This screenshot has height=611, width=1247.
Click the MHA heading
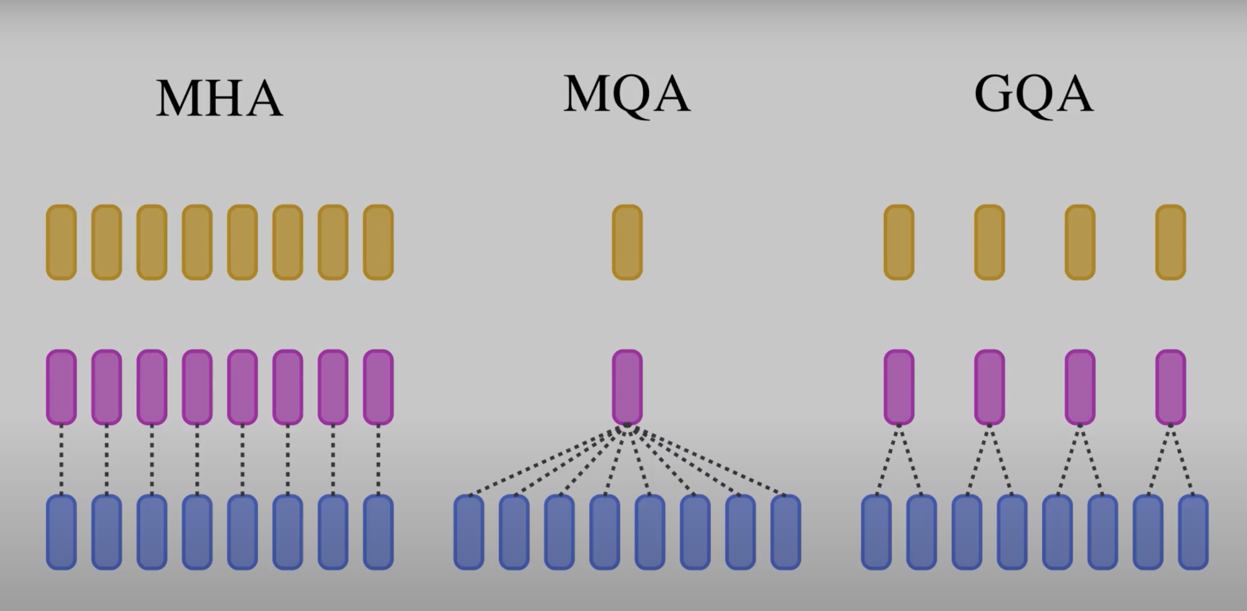click(x=219, y=98)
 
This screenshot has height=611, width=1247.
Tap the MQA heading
click(x=627, y=94)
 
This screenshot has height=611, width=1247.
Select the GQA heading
click(x=1034, y=94)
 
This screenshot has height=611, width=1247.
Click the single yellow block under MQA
click(x=627, y=242)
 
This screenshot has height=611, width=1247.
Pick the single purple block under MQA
click(x=627, y=387)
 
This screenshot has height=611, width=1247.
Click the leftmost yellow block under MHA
click(x=61, y=242)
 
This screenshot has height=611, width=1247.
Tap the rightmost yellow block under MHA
click(x=378, y=242)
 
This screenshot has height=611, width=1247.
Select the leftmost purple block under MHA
click(x=61, y=387)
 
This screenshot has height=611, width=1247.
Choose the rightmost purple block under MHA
click(x=378, y=387)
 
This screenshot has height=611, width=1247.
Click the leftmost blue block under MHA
click(x=61, y=532)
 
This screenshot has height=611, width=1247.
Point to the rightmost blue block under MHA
click(x=378, y=532)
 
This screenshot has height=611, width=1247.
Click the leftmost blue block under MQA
click(x=469, y=532)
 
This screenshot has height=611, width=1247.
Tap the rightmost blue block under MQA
click(x=785, y=532)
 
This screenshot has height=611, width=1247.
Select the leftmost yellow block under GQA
click(x=899, y=242)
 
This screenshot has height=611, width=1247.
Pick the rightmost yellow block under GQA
click(x=1171, y=242)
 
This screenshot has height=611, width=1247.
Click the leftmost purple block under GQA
click(x=899, y=387)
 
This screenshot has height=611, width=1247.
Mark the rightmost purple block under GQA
click(x=1171, y=387)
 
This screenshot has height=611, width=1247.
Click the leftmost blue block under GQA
click(x=876, y=532)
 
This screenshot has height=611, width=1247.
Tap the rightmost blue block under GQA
click(x=1193, y=532)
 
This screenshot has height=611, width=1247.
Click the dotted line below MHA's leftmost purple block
click(x=61, y=460)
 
